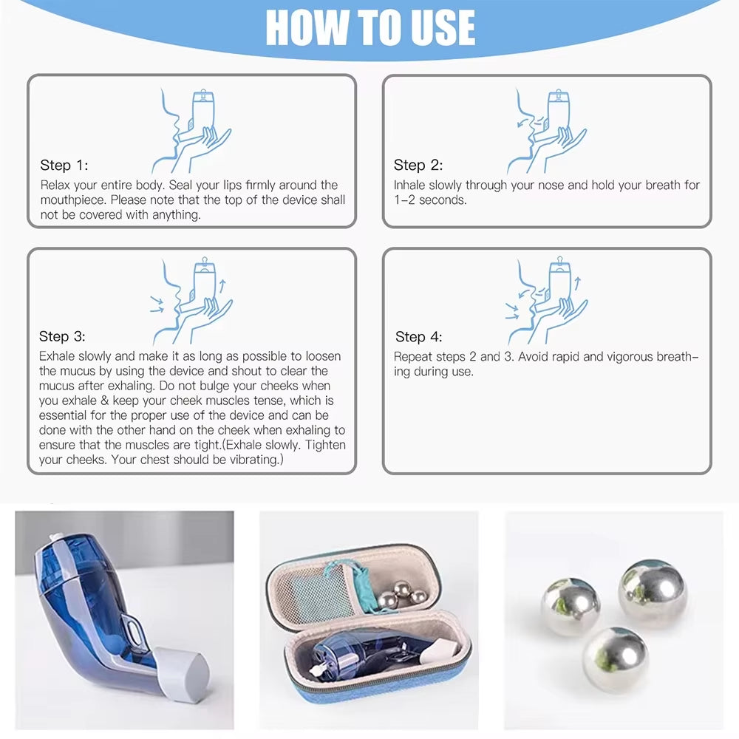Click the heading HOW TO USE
(369, 28)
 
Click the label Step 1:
(64, 166)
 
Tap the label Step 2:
(418, 166)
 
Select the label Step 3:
(63, 337)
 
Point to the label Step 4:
(418, 337)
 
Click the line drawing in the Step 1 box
(194, 130)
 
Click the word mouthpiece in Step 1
(75, 200)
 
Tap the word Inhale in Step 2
(409, 185)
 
